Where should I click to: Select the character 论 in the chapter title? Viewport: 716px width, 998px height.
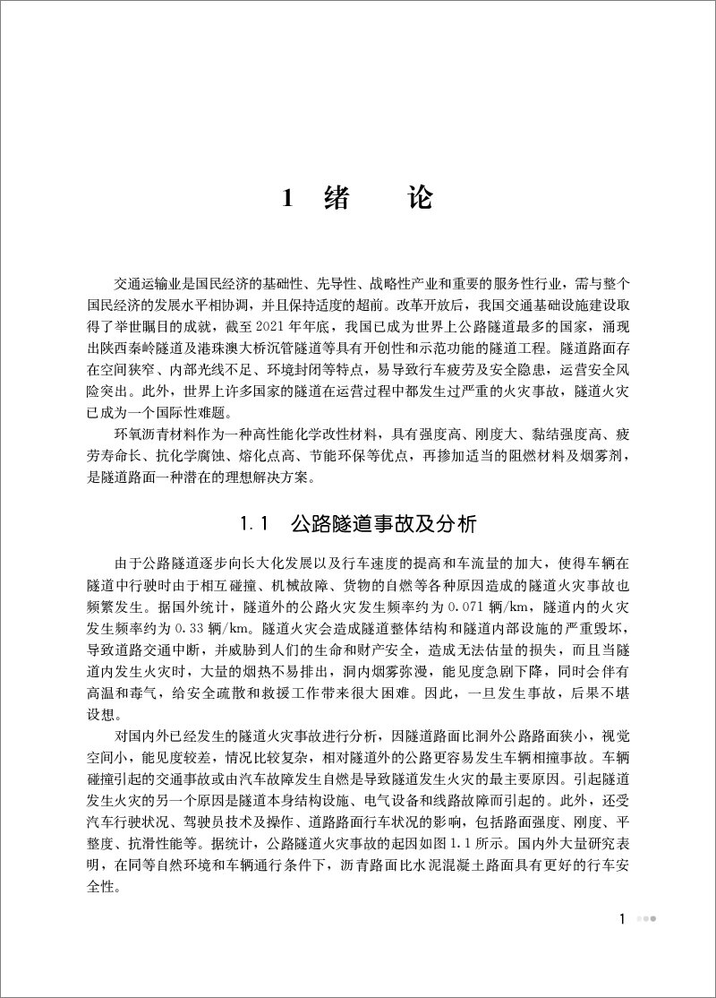click(418, 199)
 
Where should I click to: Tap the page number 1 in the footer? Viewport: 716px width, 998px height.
click(622, 918)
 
